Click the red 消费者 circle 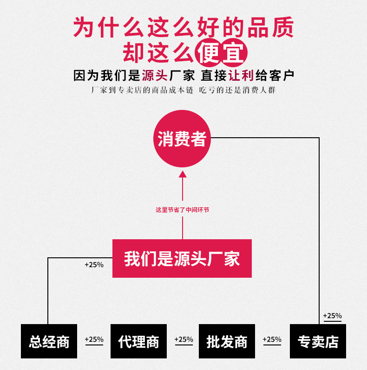pyautogui.click(x=182, y=139)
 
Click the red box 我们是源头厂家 pyautogui.click(x=182, y=258)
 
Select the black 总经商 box pyautogui.click(x=49, y=341)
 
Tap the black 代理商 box pyautogui.click(x=138, y=341)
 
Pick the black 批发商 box pyautogui.click(x=227, y=341)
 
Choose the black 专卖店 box pyautogui.click(x=318, y=341)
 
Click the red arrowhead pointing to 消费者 pyautogui.click(x=183, y=174)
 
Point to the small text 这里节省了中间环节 pyautogui.click(x=182, y=210)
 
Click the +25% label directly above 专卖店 pyautogui.click(x=332, y=316)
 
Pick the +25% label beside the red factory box pyautogui.click(x=94, y=265)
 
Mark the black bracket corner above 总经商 pyautogui.click(x=48, y=258)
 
